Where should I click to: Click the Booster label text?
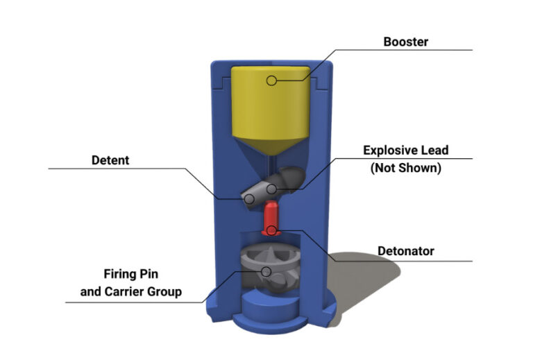point(406,42)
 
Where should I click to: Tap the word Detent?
point(110,161)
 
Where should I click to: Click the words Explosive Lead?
point(406,150)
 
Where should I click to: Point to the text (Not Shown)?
point(406,168)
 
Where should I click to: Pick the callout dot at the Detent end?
point(248,198)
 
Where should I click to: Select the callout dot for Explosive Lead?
point(273,188)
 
